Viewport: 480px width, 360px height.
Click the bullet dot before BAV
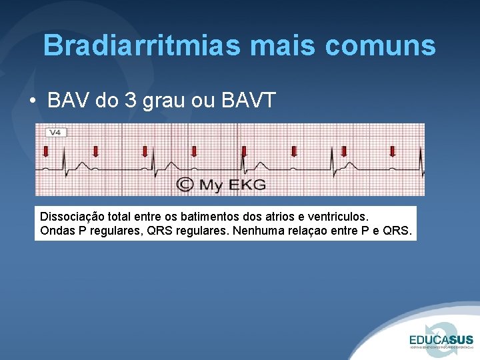pyautogui.click(x=33, y=101)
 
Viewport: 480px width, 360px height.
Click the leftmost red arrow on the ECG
pyautogui.click(x=45, y=151)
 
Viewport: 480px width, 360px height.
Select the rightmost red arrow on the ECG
pyautogui.click(x=392, y=151)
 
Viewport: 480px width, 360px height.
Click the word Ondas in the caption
pyautogui.click(x=57, y=232)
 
